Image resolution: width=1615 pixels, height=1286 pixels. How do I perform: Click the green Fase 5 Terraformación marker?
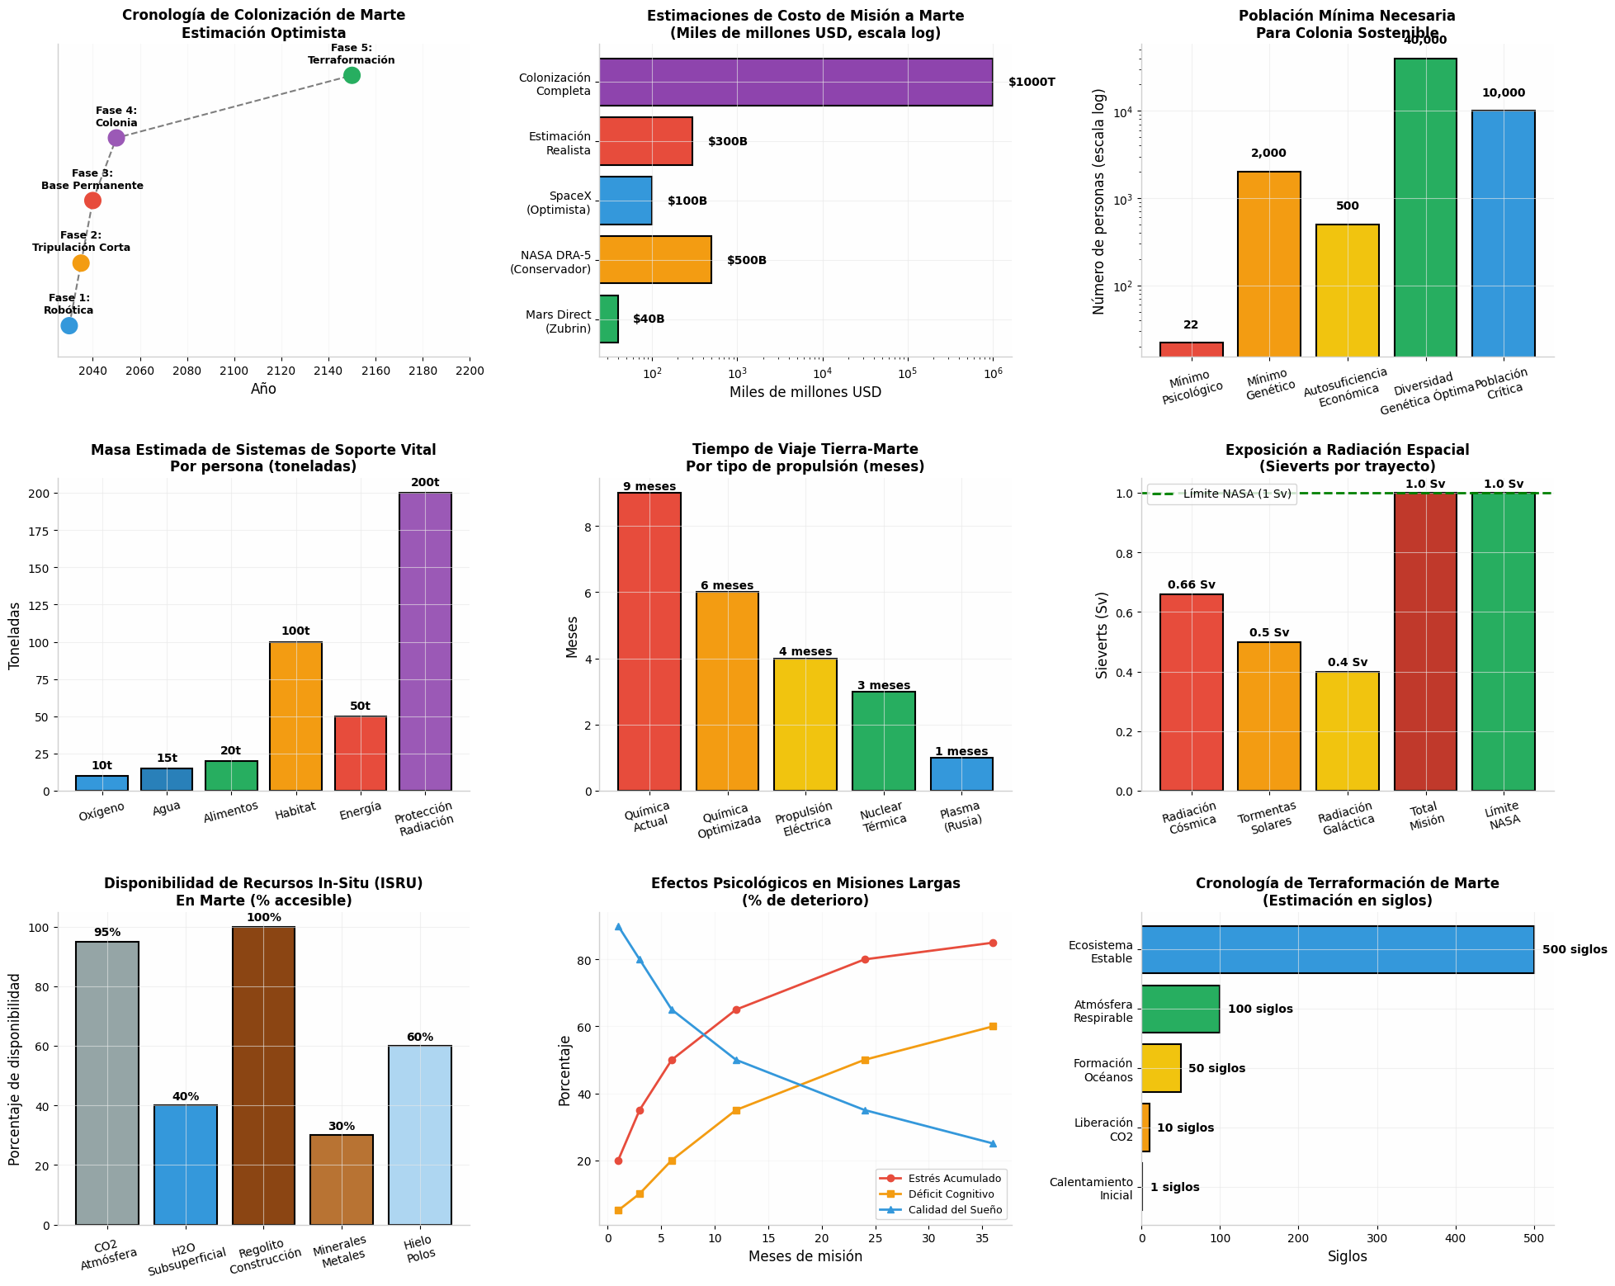352,75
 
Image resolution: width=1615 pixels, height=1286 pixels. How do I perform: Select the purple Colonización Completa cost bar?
796,83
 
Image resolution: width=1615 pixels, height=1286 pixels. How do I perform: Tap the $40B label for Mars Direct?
649,319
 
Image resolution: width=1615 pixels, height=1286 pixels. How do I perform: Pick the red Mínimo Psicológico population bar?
1191,349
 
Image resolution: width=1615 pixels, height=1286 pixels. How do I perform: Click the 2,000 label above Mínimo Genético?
1268,154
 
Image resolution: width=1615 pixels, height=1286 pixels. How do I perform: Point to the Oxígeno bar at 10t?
102,783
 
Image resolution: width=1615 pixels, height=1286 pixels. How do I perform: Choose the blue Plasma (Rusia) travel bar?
961,774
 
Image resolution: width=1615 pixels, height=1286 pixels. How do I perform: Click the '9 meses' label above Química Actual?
649,487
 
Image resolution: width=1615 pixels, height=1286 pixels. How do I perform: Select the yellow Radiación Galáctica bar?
1347,731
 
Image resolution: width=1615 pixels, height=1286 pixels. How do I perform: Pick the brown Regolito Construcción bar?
263,1076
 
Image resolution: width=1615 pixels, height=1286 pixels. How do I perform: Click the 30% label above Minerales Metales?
342,1127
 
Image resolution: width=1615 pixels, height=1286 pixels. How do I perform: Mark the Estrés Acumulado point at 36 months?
993,943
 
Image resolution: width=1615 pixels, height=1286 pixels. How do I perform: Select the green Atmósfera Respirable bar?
1180,1009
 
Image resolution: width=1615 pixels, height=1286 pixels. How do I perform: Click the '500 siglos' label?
1575,950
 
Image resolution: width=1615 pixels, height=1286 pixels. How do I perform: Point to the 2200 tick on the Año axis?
470,371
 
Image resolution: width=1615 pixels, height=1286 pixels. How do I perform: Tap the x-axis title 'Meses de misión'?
805,1257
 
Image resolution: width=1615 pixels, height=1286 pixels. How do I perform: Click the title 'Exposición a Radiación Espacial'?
1347,450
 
